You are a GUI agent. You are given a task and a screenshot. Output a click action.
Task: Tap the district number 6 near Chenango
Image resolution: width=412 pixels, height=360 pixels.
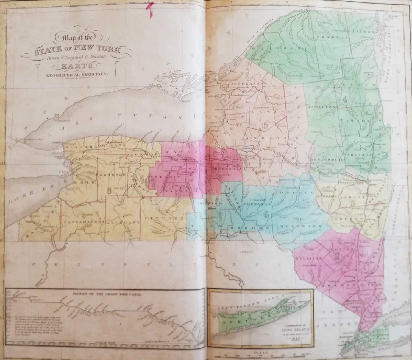(x=266, y=214)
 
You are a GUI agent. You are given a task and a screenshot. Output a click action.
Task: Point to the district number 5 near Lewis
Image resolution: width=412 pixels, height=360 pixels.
(x=266, y=125)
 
